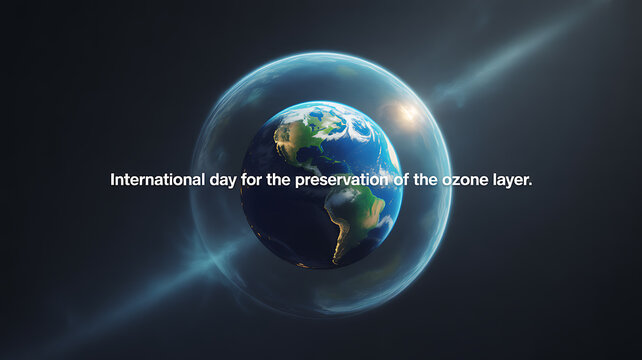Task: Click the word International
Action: click(x=152, y=181)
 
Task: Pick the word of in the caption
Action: click(x=395, y=181)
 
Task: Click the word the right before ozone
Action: click(x=420, y=181)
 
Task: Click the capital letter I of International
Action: click(x=112, y=181)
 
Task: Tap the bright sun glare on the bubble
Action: click(x=407, y=112)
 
